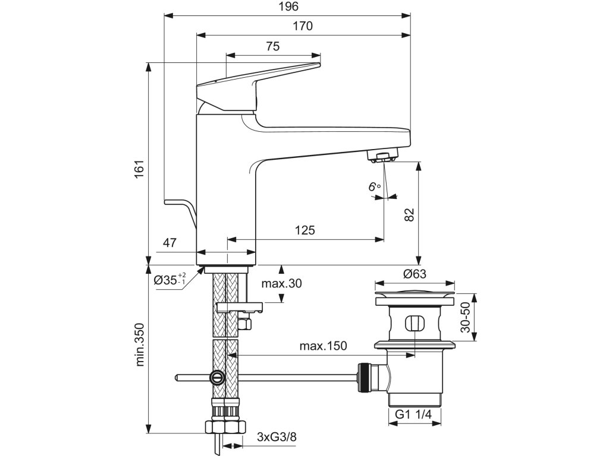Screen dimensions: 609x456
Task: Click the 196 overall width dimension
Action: click(288, 7)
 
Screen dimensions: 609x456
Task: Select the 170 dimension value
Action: click(303, 26)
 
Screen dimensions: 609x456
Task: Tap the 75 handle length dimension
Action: click(272, 46)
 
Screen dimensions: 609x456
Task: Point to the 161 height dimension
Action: click(139, 169)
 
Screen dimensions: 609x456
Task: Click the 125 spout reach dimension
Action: click(305, 230)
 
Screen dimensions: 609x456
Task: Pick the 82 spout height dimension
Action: click(409, 214)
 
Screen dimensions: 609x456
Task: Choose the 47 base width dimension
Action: click(169, 243)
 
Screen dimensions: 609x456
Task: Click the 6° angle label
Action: click(375, 187)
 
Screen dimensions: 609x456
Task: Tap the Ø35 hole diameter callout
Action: click(169, 279)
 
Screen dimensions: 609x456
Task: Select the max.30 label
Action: click(281, 283)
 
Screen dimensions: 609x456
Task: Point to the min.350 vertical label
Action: click(139, 345)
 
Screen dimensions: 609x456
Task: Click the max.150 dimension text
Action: click(323, 346)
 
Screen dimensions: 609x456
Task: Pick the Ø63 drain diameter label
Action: click(415, 274)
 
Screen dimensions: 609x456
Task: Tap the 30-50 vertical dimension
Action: click(465, 317)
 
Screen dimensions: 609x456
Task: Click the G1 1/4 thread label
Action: click(414, 414)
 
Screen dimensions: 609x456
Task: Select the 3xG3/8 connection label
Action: click(277, 437)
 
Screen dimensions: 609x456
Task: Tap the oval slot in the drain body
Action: click(415, 323)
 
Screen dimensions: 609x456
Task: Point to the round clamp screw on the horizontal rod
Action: click(216, 376)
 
